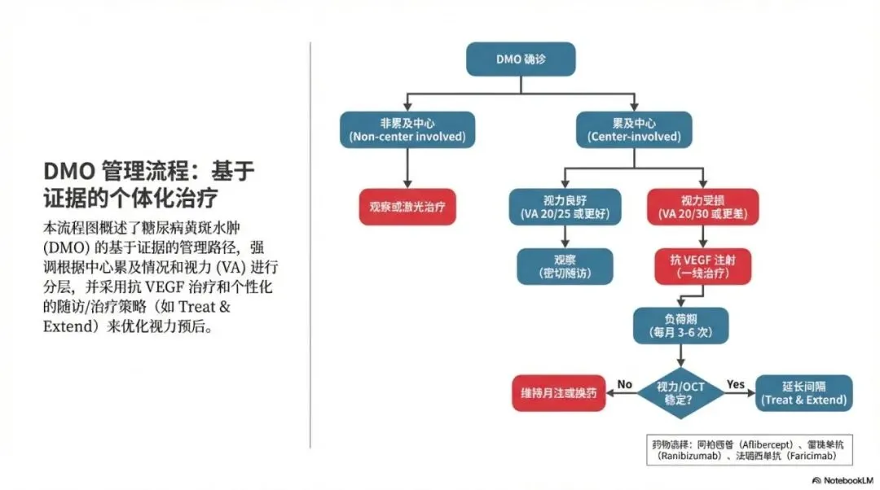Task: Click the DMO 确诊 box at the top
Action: [x=521, y=59]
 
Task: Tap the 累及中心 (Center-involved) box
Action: [x=634, y=129]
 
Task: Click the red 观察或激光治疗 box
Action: [x=407, y=207]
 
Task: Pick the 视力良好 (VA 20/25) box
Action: [x=565, y=207]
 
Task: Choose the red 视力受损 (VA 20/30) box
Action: [x=702, y=207]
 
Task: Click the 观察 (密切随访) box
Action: [x=565, y=265]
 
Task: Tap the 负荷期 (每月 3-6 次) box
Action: [x=681, y=325]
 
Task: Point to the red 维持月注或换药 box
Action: [x=558, y=392]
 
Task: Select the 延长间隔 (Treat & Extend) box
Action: [x=803, y=392]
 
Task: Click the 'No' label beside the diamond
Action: [x=625, y=383]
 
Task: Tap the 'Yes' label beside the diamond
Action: [x=736, y=383]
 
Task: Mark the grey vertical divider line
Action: [x=310, y=244]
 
